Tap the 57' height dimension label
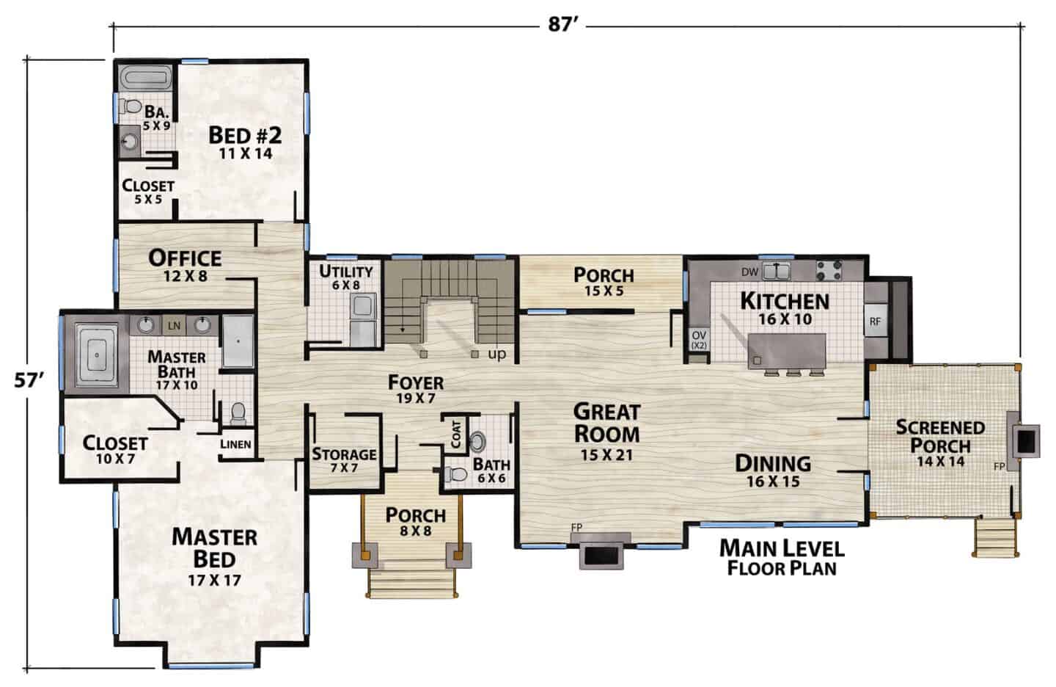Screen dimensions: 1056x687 point(29,379)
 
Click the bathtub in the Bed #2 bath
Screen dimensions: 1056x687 point(144,76)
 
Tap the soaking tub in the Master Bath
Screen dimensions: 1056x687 point(97,355)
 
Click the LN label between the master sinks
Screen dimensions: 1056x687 point(175,325)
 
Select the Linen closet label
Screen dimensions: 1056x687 point(235,444)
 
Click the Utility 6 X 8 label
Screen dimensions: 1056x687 point(345,278)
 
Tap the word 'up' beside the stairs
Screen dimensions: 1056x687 point(497,354)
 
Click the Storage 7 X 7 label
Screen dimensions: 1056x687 point(344,460)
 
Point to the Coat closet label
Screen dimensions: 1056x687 point(456,434)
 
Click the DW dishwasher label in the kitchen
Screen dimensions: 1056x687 point(749,272)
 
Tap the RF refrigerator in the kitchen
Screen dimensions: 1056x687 point(875,321)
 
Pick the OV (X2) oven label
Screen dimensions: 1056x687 point(699,341)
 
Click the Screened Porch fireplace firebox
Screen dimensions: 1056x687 point(1027,441)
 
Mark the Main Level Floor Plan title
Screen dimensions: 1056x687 point(782,558)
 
